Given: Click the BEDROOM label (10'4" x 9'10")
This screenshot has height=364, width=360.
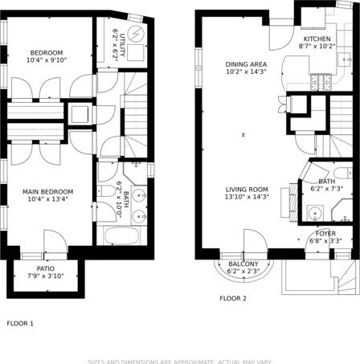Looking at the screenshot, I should click(47, 52).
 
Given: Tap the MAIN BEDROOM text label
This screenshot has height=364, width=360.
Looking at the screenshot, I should click(47, 191).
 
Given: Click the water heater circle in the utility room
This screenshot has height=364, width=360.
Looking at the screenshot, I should click(134, 34).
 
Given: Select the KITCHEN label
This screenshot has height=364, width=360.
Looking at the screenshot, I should click(316, 39).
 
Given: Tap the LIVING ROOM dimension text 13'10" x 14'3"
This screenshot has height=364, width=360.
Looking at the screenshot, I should click(247, 196).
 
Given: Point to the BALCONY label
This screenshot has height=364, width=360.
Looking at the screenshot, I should click(243, 264).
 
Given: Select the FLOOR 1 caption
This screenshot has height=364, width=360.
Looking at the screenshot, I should click(20, 324).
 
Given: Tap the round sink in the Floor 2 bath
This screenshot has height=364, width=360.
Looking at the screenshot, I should click(315, 213).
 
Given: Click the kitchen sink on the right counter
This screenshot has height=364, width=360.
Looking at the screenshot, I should click(342, 58).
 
